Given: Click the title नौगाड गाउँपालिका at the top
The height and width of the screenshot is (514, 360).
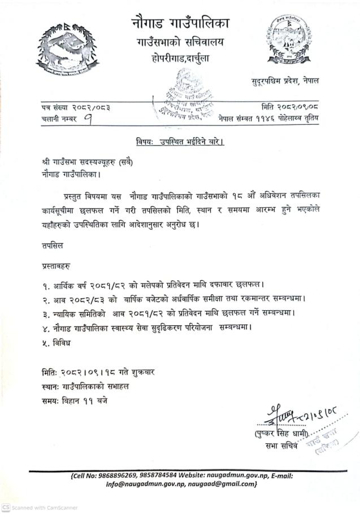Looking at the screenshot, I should (180, 23).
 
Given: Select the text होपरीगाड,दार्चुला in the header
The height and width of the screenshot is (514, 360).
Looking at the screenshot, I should (180, 59).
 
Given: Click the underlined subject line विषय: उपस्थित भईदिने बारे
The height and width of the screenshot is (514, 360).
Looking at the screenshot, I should (180, 142).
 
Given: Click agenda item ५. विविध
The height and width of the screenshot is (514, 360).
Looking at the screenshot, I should (51, 343).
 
